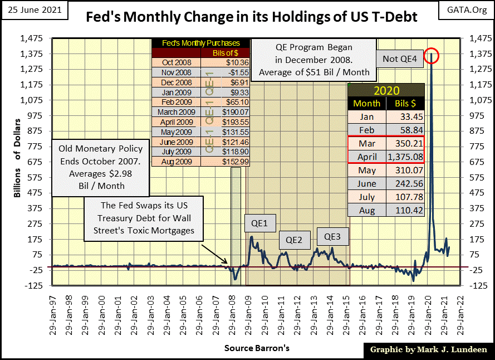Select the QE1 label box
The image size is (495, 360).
pos(257,223)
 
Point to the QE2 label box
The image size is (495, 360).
pos(293,241)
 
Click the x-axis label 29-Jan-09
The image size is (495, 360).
pos(248,311)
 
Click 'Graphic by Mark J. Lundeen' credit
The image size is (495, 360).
pos(427,349)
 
